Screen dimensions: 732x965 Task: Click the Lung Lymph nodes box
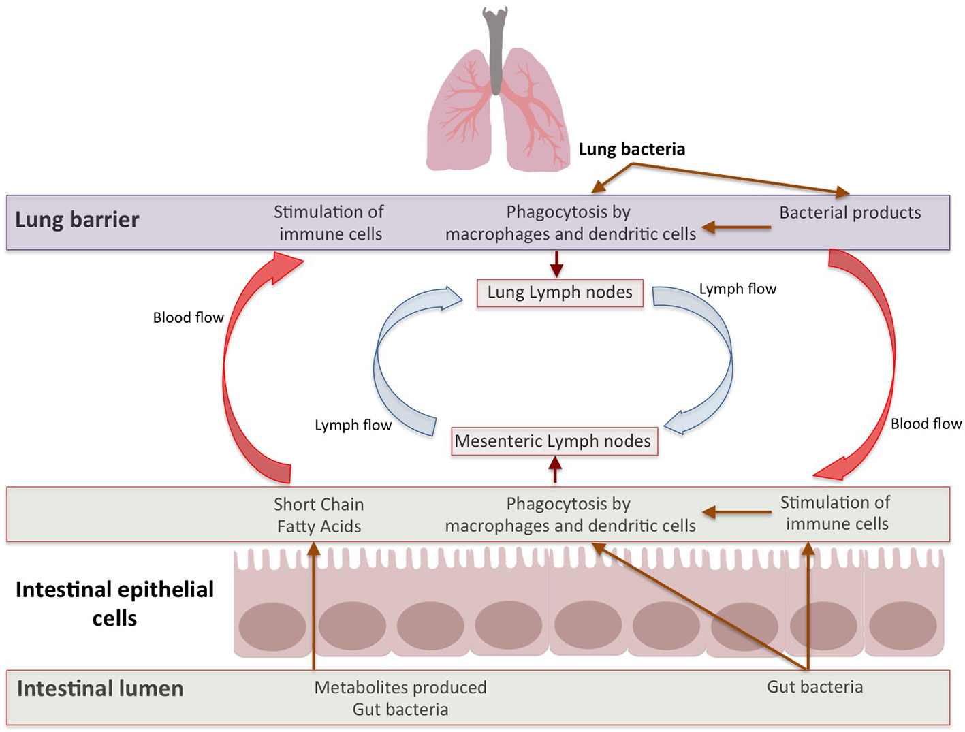coord(560,293)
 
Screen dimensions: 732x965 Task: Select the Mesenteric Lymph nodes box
coord(553,441)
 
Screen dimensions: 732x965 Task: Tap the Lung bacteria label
coord(631,149)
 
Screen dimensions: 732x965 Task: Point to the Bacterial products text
coord(850,212)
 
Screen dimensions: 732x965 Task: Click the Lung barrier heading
coord(77,219)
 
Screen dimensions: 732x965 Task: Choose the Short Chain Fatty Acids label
coord(319,515)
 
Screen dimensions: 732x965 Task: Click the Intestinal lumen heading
coord(100,688)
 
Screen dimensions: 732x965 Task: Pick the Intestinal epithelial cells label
coord(114,603)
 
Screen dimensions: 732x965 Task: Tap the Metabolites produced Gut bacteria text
coord(400,698)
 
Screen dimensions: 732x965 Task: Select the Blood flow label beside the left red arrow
coord(188,317)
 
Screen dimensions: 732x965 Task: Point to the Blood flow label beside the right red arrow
coord(926,424)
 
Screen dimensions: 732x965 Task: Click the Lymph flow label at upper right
coord(738,289)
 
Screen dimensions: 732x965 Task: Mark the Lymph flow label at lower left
coord(353,425)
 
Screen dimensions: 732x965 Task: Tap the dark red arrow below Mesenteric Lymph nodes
coord(555,470)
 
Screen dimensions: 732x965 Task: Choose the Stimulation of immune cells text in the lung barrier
coord(330,223)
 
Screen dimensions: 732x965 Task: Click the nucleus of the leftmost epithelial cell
coord(272,626)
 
